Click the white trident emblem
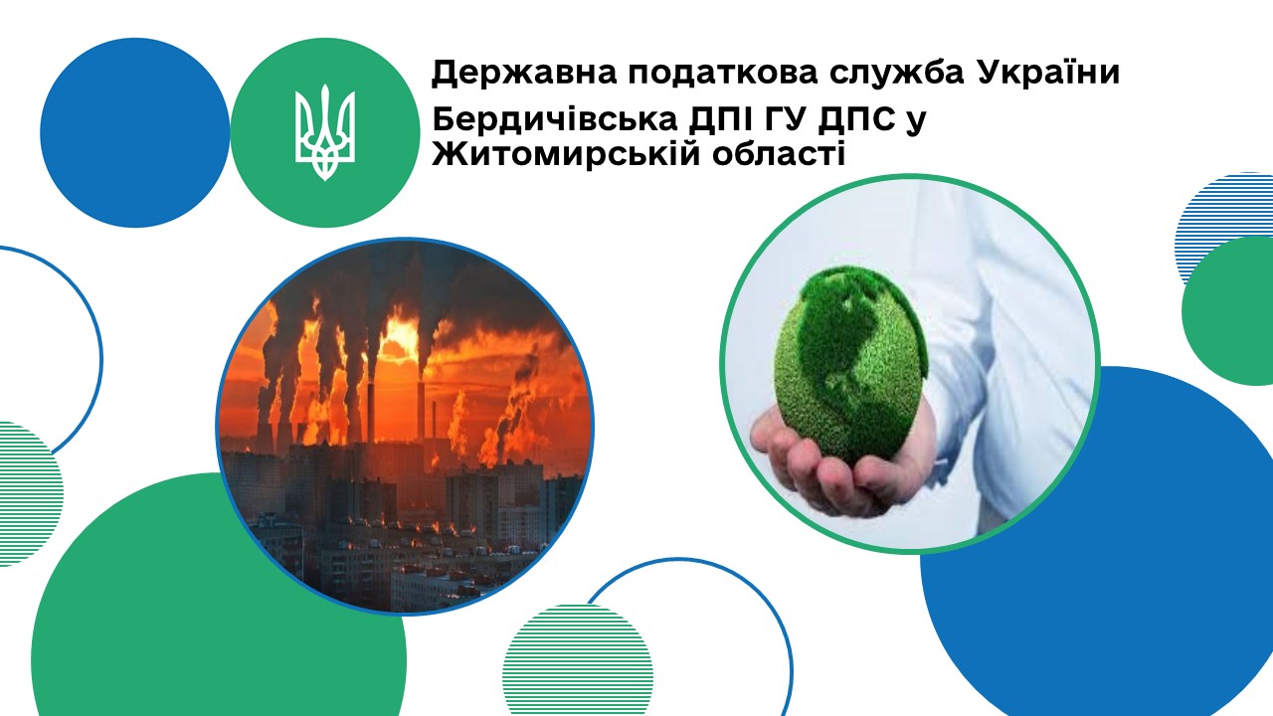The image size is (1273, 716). [325, 132]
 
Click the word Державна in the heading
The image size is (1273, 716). [523, 74]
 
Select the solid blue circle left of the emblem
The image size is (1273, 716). [134, 133]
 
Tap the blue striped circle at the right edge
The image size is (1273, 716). [1222, 228]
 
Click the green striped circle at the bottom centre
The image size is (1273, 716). [578, 660]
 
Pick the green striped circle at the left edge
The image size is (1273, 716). [29, 494]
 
